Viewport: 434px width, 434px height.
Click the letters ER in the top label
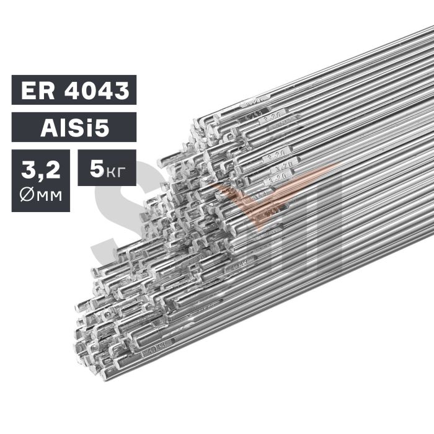pos(36,91)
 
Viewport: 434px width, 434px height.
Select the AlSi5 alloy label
pos(74,128)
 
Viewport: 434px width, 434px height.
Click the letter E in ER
pos(27,91)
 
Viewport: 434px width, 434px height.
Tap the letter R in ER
pos(45,91)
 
